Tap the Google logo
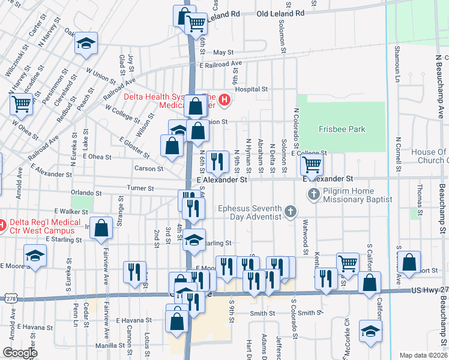pyautogui.click(x=20, y=353)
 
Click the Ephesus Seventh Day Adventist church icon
pyautogui.click(x=291, y=211)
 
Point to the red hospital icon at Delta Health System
pyautogui.click(x=224, y=99)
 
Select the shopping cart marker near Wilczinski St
pyautogui.click(x=21, y=104)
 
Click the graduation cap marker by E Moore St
pyautogui.click(x=35, y=256)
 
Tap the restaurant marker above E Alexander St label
pyautogui.click(x=217, y=161)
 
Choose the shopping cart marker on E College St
pyautogui.click(x=312, y=163)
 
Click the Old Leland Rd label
pyautogui.click(x=280, y=13)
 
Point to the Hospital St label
pyautogui.click(x=251, y=89)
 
